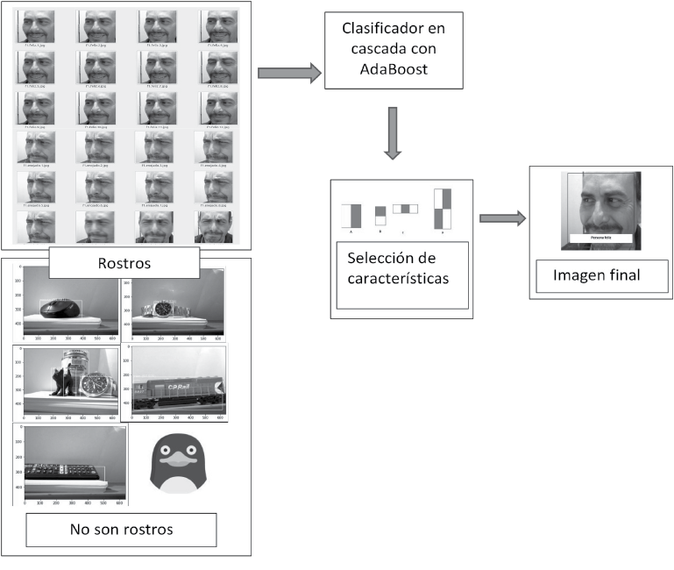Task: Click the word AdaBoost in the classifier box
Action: [x=393, y=69]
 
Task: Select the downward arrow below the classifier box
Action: [x=394, y=132]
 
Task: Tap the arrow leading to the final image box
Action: [x=502, y=218]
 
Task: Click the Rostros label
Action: [x=124, y=262]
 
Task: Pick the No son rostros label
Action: [x=121, y=530]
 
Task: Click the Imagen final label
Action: [x=596, y=275]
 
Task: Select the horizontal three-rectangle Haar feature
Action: [x=405, y=209]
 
